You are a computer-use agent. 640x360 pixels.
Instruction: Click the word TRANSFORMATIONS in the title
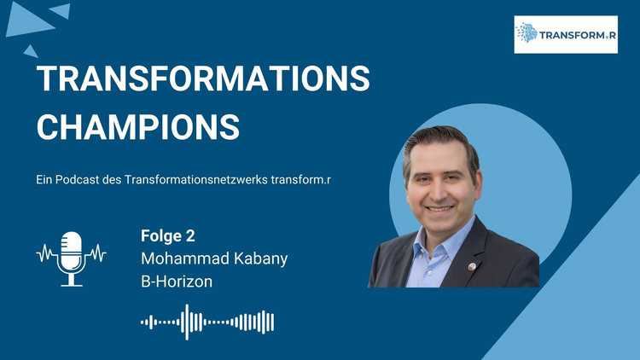[203, 78]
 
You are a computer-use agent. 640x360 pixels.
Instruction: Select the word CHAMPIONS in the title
[138, 127]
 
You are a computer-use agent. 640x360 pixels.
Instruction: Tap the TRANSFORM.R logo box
[566, 34]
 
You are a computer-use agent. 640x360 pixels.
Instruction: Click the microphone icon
[72, 258]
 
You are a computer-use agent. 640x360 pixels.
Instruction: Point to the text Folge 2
[168, 236]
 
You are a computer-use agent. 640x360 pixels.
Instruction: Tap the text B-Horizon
[177, 282]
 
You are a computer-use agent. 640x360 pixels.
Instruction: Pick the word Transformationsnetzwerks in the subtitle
[196, 180]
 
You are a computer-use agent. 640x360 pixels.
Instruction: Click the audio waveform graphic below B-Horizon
[207, 322]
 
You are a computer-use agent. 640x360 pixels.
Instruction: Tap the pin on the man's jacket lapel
[472, 266]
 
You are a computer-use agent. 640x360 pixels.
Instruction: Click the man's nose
[439, 190]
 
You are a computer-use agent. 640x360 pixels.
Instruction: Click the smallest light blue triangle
[31, 52]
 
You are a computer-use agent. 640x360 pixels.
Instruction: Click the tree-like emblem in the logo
[527, 32]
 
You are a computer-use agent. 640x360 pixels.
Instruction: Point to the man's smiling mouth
[439, 209]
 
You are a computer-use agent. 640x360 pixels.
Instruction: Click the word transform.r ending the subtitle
[301, 180]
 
